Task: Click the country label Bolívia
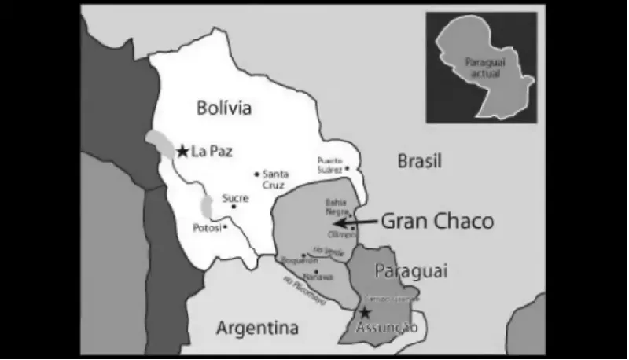pos(224,108)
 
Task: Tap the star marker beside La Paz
pos(182,150)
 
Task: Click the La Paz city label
pos(212,150)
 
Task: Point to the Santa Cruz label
pos(275,179)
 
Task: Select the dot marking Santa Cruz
pos(256,174)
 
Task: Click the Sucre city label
pos(235,198)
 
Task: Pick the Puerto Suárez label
pos(330,163)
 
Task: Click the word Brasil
pos(419,161)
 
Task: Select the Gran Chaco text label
pos(437,222)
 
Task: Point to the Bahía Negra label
pos(336,206)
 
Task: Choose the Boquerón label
pos(302,260)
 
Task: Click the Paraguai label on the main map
pos(410,272)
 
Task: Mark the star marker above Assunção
pos(364,313)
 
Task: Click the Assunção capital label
pos(386,327)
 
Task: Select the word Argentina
pos(257,327)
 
